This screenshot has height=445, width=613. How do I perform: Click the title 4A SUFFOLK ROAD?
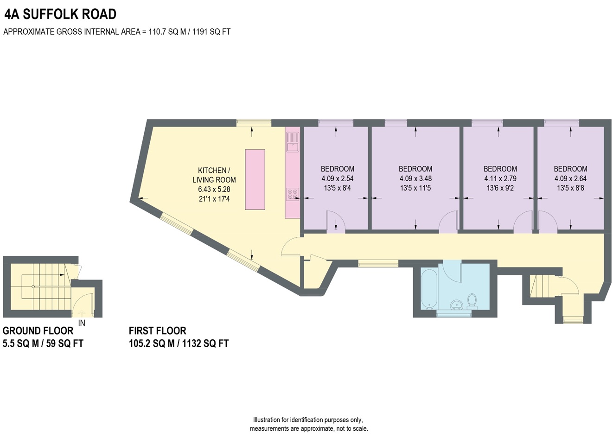[x=60, y=14]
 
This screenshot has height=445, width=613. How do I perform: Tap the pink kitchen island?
[x=255, y=179]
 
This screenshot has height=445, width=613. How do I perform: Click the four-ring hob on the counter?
[x=292, y=194]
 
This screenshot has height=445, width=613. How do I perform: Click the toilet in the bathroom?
[x=473, y=300]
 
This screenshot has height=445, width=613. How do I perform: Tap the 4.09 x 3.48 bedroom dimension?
[x=415, y=178]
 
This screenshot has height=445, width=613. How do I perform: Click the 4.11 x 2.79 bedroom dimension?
[x=500, y=178]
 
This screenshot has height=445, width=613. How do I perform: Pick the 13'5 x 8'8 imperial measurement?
[x=570, y=188]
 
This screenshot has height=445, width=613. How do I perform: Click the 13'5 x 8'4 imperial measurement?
[x=337, y=188]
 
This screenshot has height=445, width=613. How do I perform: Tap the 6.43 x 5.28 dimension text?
[x=214, y=189]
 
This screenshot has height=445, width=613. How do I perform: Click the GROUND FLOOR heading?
[x=38, y=331]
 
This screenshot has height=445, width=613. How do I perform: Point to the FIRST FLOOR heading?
[x=157, y=331]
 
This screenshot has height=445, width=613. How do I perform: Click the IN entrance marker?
[x=82, y=323]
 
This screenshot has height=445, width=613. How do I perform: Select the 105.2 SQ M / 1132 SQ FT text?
[x=179, y=344]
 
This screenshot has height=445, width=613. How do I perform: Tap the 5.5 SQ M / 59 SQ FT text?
[x=43, y=344]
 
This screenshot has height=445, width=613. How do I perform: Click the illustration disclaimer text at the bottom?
[x=309, y=424]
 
